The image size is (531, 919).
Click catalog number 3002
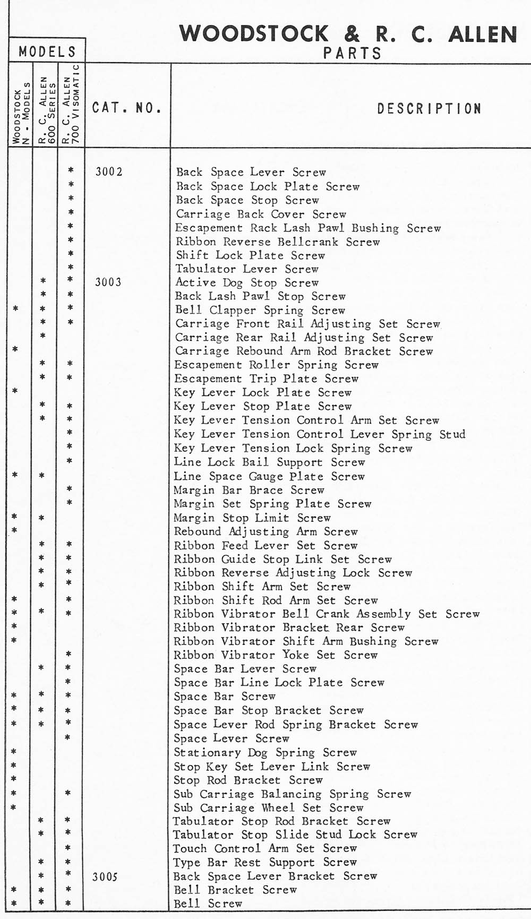click(109, 171)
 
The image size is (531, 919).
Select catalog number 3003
click(108, 282)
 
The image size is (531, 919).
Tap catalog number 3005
click(105, 877)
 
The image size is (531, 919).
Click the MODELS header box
click(47, 51)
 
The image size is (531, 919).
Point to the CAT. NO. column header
click(126, 108)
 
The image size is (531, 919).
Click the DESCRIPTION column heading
click(429, 108)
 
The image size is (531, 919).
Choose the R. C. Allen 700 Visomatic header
click(71, 105)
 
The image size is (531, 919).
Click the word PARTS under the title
click(352, 53)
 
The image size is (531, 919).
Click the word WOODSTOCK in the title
click(254, 33)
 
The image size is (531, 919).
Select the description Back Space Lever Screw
click(251, 172)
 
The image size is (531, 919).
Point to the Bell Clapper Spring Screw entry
click(260, 310)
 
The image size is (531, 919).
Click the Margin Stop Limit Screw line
click(252, 518)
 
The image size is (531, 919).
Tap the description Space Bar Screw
click(225, 697)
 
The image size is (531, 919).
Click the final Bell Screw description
click(208, 904)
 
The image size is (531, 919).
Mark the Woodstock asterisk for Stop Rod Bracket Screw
click(14, 779)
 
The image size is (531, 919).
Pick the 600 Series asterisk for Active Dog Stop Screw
click(43, 281)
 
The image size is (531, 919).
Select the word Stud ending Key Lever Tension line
click(452, 434)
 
